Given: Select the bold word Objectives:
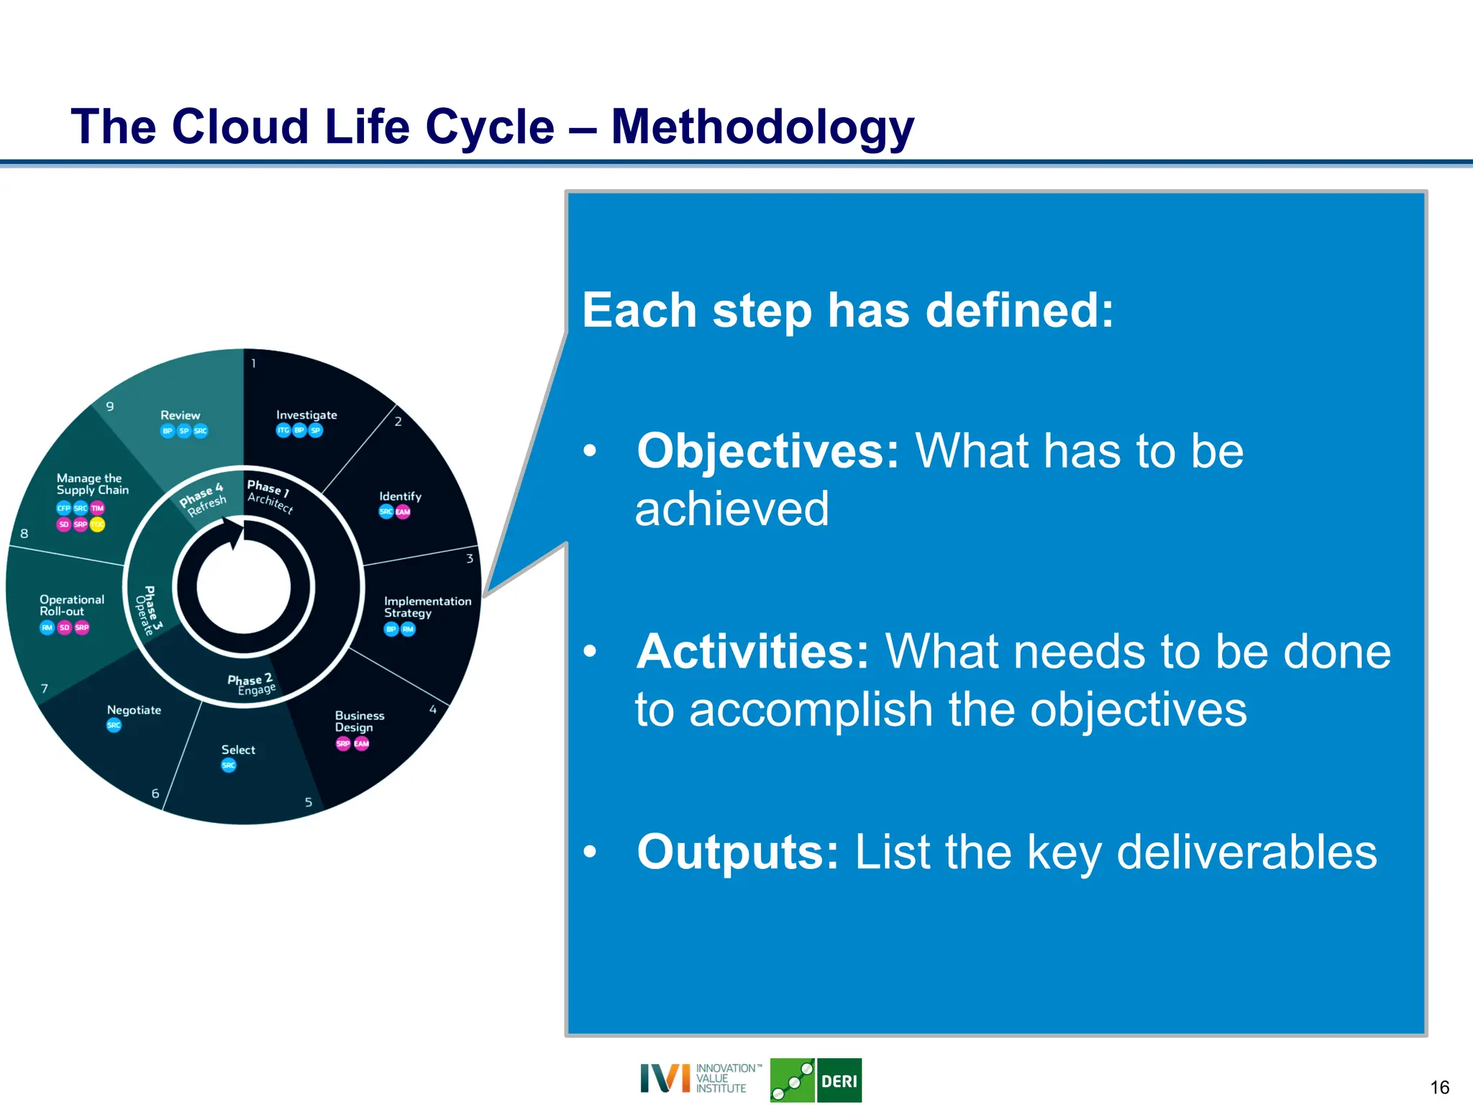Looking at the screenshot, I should pos(767,452).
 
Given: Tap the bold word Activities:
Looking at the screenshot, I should pos(752,652).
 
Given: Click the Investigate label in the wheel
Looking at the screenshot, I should pos(306,415).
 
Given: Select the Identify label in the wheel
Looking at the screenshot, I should pos(400,496).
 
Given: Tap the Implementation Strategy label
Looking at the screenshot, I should pos(427,606).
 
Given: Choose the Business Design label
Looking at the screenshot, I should pos(359,721).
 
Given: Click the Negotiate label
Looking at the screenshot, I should pos(134,710).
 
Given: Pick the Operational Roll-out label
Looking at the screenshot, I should pos(71,605).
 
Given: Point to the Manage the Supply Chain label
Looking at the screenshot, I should pos(92,484).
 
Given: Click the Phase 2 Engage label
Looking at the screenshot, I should pos(252,684).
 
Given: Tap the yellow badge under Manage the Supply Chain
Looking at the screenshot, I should pos(97,524).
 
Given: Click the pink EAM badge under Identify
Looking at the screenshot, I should pos(403,512).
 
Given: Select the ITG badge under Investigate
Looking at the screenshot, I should pos(283,430).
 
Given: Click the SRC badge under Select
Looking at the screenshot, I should pos(229,765).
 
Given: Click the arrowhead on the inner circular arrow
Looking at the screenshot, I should pos(235,534).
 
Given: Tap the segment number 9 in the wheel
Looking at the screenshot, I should pos(110,406).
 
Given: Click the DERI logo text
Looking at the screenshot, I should pos(839,1081).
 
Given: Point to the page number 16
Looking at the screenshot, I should pos(1439,1087).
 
